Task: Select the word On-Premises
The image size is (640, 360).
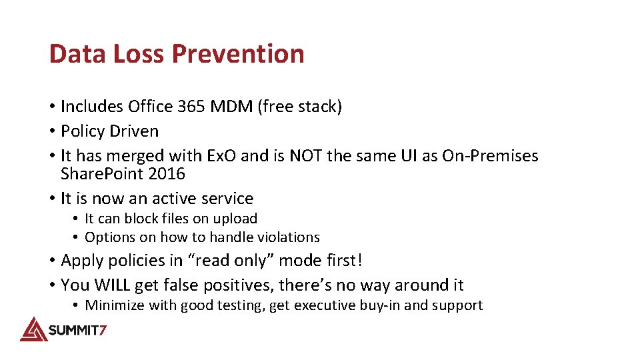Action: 490,156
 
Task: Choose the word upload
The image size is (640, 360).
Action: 235,219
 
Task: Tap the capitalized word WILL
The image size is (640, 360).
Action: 113,285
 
